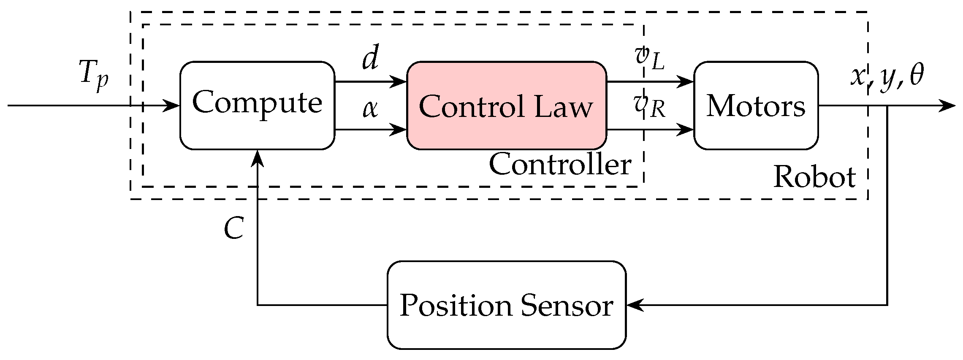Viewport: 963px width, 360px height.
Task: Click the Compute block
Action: point(257,106)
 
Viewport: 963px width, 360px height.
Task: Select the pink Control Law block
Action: point(507,106)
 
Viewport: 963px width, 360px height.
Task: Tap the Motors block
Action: point(756,106)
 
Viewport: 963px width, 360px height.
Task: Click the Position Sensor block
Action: point(506,305)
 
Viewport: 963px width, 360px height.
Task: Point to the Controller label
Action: point(560,165)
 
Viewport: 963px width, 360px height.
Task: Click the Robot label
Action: point(814,177)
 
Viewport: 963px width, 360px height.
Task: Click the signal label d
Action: point(370,59)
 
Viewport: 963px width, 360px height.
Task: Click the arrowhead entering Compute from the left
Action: point(173,105)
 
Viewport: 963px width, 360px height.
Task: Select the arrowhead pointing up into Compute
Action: point(258,157)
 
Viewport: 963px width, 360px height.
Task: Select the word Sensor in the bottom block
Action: point(567,305)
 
